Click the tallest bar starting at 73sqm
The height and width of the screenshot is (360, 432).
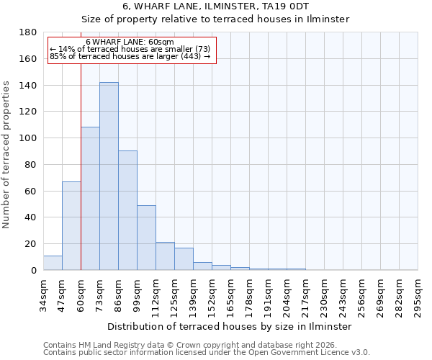click(x=109, y=176)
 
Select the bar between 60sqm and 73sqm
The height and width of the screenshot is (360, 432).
click(x=90, y=199)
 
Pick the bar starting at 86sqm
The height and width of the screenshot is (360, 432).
click(x=127, y=210)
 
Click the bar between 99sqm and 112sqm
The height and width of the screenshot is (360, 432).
click(x=146, y=238)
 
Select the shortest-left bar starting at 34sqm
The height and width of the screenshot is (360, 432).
click(x=53, y=263)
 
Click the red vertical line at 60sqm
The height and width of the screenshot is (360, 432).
click(x=81, y=166)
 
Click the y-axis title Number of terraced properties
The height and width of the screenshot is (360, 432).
click(x=7, y=155)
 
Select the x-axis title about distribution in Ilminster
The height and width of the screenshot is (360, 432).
click(x=230, y=326)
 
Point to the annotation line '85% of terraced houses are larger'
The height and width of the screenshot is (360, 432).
click(x=130, y=56)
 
